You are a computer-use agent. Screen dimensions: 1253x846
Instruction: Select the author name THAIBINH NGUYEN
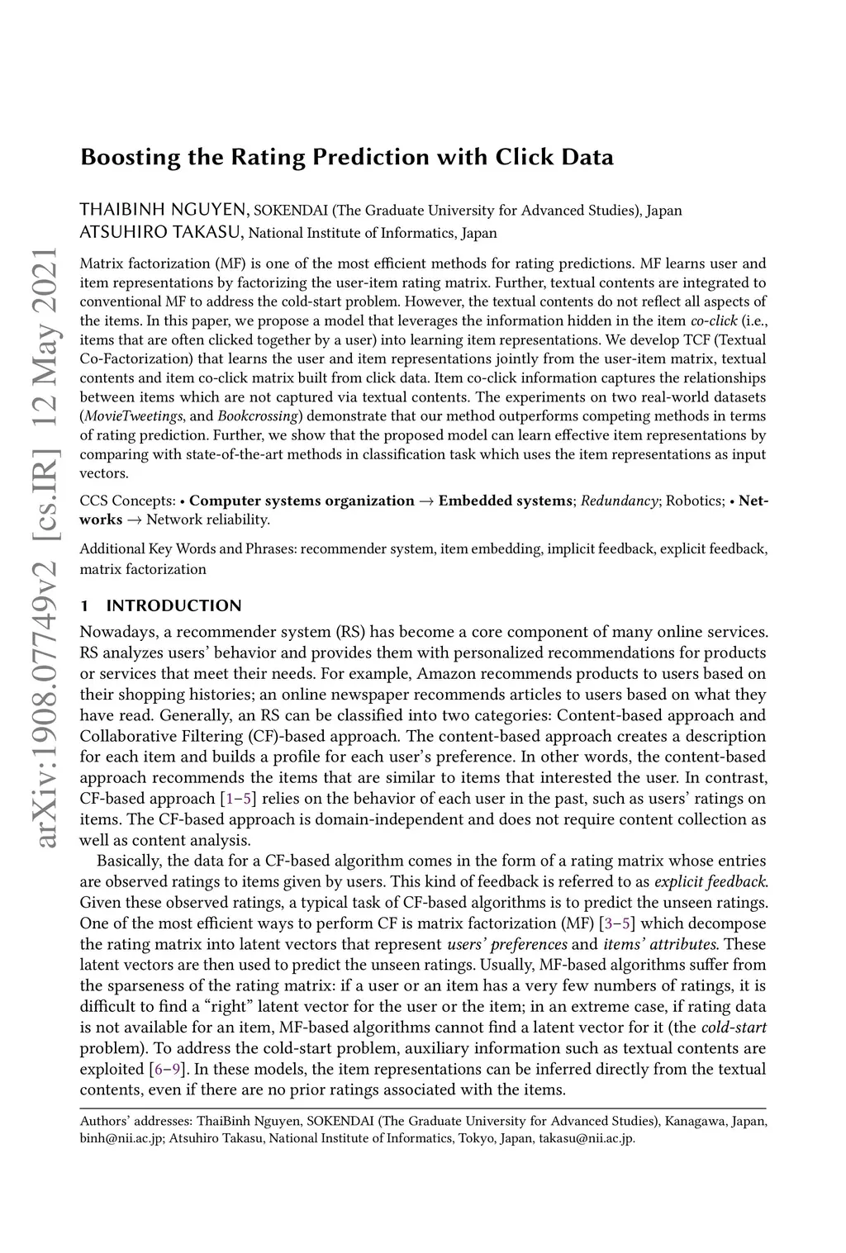click(164, 210)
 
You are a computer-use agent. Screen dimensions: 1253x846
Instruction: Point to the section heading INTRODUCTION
click(173, 605)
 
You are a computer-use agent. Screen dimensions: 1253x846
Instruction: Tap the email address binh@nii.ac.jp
click(118, 1139)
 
